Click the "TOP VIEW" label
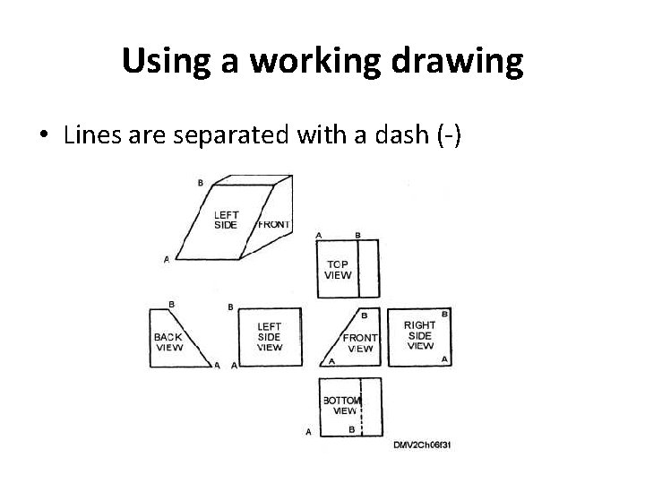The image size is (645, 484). pyautogui.click(x=337, y=270)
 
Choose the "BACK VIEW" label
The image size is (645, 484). pyautogui.click(x=168, y=341)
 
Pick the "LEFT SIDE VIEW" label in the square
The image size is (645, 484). pyautogui.click(x=269, y=337)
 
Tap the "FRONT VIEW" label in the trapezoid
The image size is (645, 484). pyautogui.click(x=361, y=343)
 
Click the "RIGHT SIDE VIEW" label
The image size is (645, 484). pyautogui.click(x=419, y=335)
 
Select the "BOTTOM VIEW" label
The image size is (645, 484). pyautogui.click(x=341, y=405)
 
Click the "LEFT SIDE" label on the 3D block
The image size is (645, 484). pyautogui.click(x=226, y=220)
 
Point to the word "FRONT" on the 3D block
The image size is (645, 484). pyautogui.click(x=273, y=224)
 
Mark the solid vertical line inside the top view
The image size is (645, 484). pyautogui.click(x=358, y=268)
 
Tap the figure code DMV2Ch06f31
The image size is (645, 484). pyautogui.click(x=421, y=444)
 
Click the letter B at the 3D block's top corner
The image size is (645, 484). pyautogui.click(x=200, y=183)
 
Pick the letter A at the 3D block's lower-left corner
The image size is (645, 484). pyautogui.click(x=166, y=260)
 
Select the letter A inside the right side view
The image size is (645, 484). pyautogui.click(x=445, y=359)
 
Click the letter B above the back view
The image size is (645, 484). pyautogui.click(x=171, y=304)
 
